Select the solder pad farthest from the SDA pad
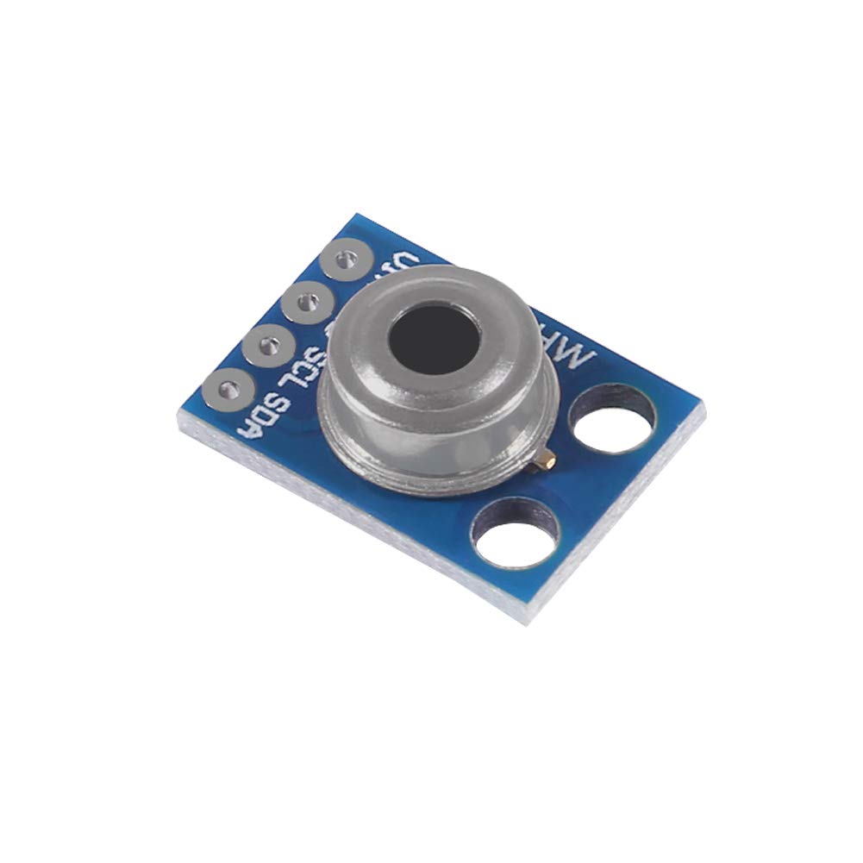pos(345,258)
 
